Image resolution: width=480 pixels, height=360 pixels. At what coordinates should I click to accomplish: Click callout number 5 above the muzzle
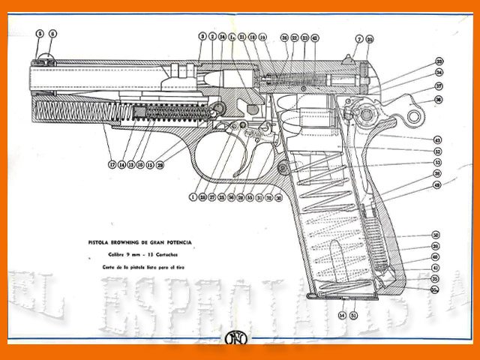pos(40,34)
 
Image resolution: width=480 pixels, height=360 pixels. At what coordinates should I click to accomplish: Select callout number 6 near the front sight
pos(52,34)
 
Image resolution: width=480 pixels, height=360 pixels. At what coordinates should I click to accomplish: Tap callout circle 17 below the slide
pos(112,164)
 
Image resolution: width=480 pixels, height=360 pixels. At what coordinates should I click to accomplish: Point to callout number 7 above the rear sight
pos(359,38)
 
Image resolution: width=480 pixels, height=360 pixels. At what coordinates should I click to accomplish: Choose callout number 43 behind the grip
pos(437,140)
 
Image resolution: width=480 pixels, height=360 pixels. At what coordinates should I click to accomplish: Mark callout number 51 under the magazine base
pos(354,315)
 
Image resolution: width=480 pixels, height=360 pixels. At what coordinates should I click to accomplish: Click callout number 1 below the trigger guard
pos(193,197)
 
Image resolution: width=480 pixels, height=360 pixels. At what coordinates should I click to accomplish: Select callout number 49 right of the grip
pos(437,184)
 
